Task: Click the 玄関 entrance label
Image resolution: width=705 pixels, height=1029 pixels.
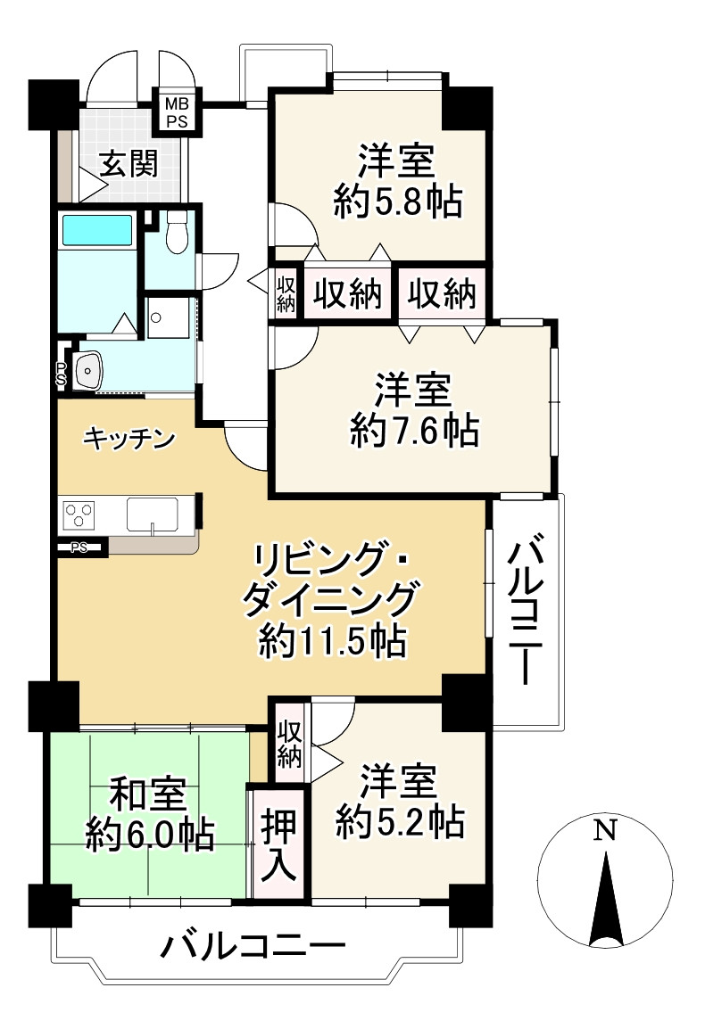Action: pos(129,164)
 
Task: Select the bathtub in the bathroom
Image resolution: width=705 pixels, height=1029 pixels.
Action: pos(97,230)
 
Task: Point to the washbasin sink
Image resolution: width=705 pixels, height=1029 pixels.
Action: pos(90,368)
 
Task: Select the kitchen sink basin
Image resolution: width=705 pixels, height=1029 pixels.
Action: pos(153,514)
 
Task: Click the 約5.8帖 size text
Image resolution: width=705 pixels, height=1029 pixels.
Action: pos(397,203)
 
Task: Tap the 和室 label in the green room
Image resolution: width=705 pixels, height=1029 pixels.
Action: pos(147,793)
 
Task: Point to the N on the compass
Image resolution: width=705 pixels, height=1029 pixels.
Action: pos(605,830)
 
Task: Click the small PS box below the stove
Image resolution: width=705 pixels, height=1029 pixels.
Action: pos(80,547)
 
